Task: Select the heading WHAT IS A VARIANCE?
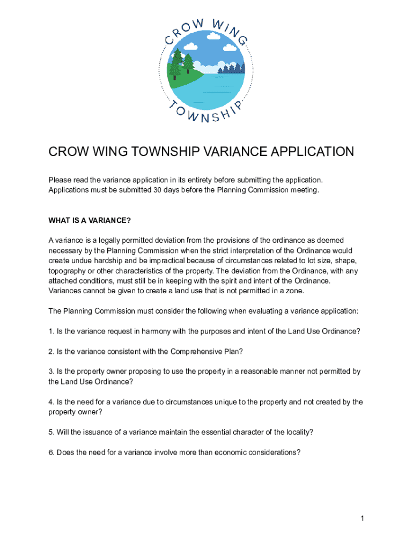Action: click(x=90, y=221)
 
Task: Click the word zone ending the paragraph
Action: click(x=278, y=291)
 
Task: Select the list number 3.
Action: click(x=51, y=372)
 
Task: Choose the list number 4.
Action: click(x=51, y=402)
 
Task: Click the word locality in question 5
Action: click(x=295, y=432)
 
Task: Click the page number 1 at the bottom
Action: click(x=363, y=518)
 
